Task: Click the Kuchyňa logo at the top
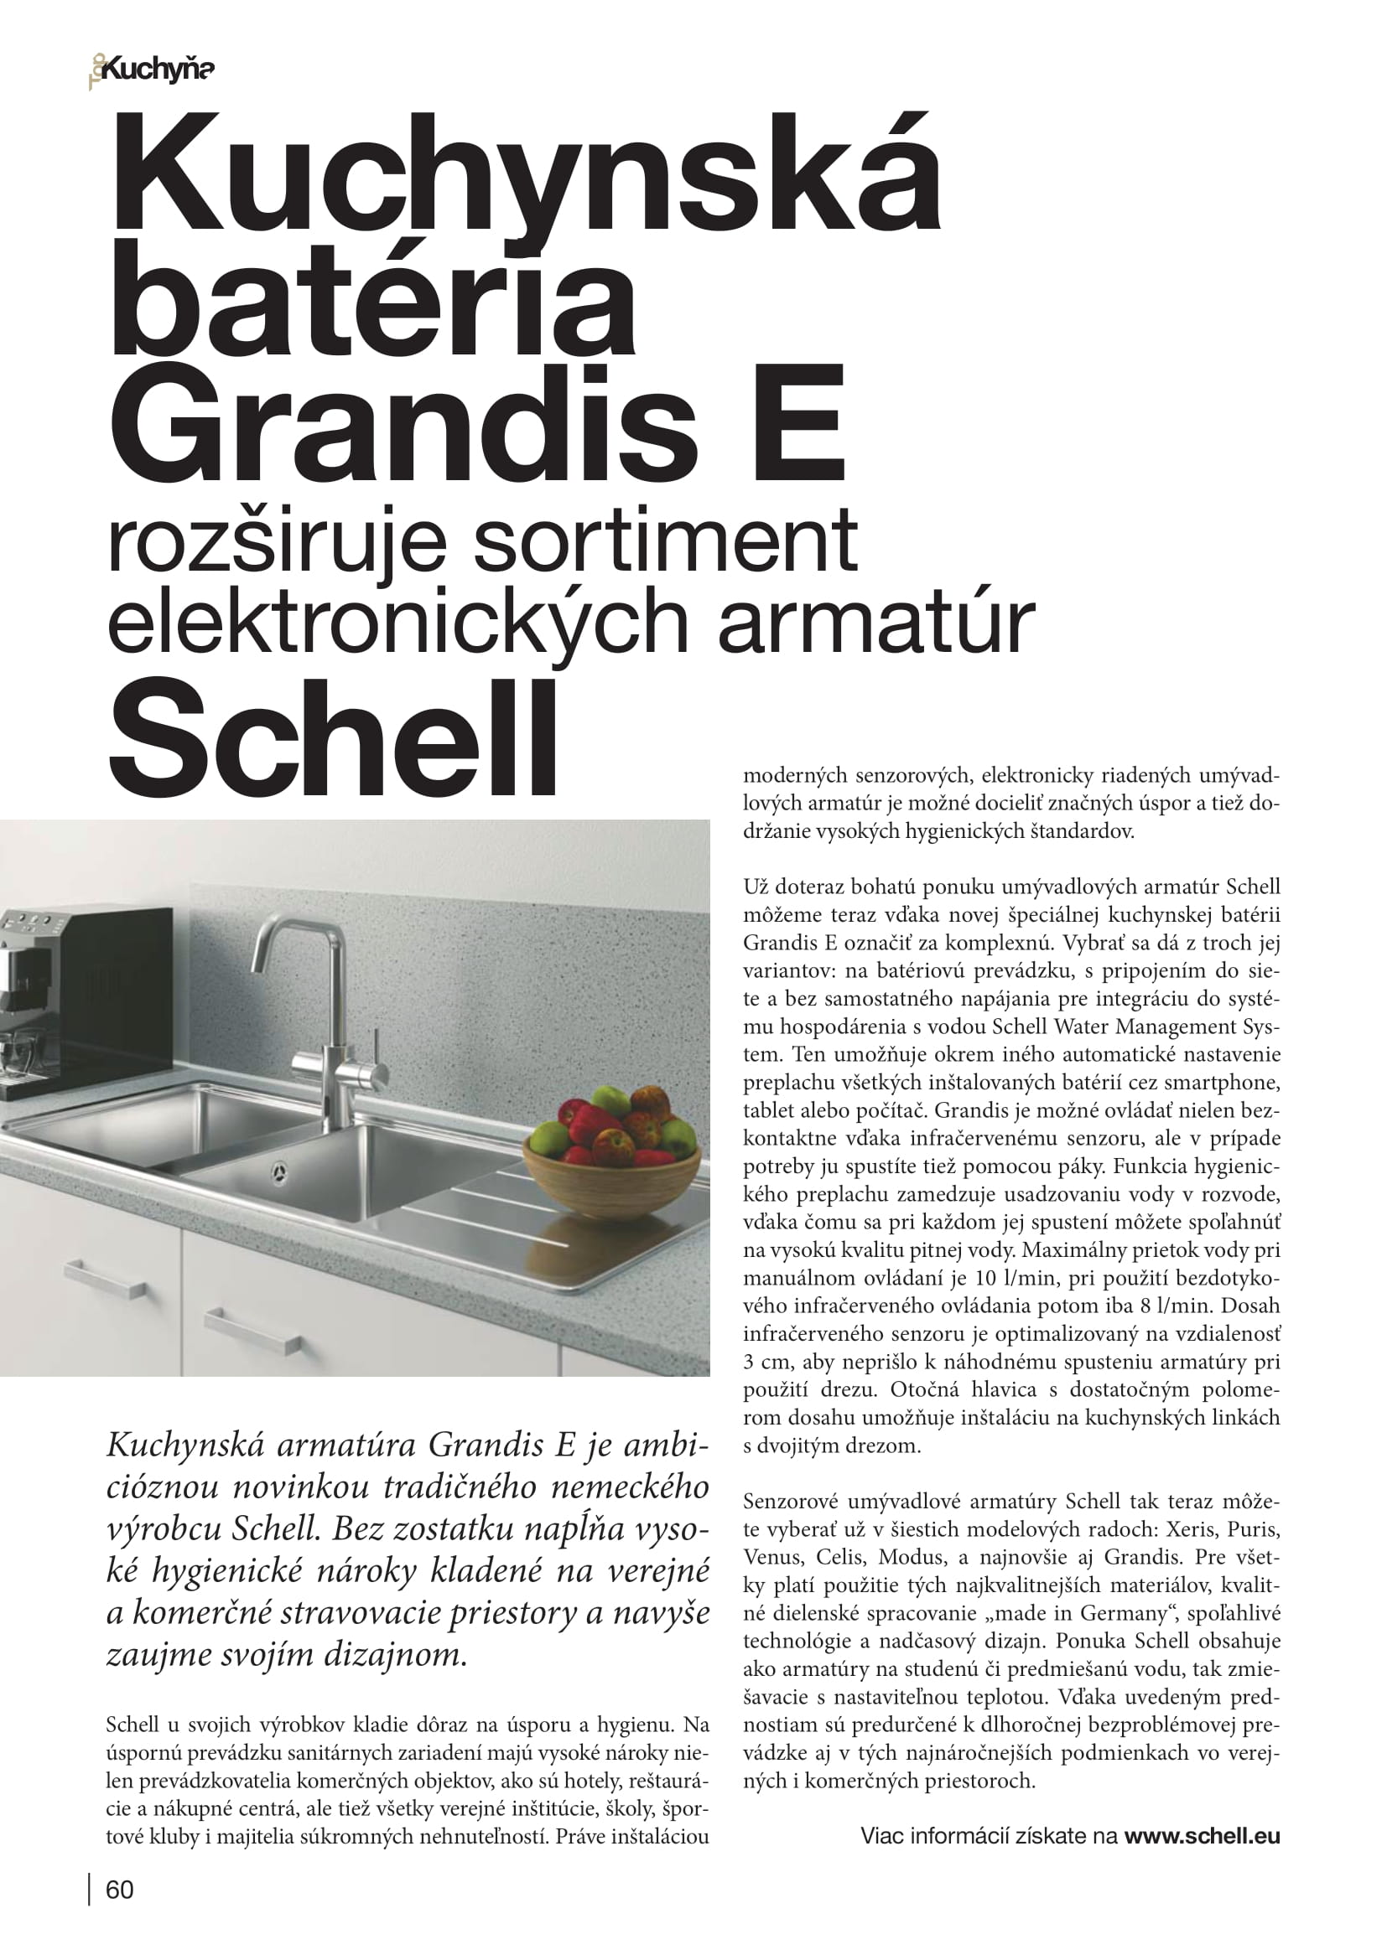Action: (x=152, y=71)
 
